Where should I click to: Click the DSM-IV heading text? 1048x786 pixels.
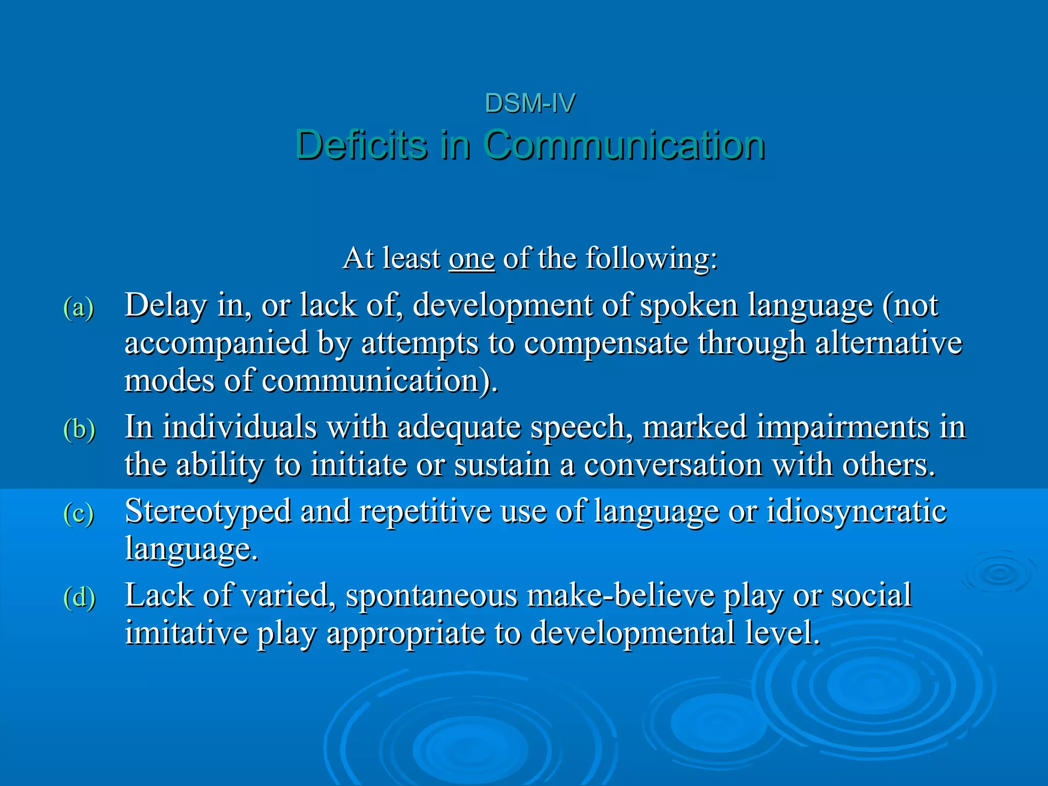pos(530,103)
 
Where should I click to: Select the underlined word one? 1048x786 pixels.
pos(472,258)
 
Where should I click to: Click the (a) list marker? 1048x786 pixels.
pos(79,308)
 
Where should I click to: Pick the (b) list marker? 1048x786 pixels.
pos(79,429)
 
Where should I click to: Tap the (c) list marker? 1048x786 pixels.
pos(79,513)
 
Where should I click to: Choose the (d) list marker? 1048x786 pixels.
pos(79,597)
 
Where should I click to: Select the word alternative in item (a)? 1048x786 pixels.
pos(888,343)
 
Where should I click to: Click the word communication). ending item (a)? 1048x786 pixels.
pos(380,381)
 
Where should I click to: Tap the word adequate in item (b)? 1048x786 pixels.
pos(459,427)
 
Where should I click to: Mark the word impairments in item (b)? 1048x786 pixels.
pos(786,427)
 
